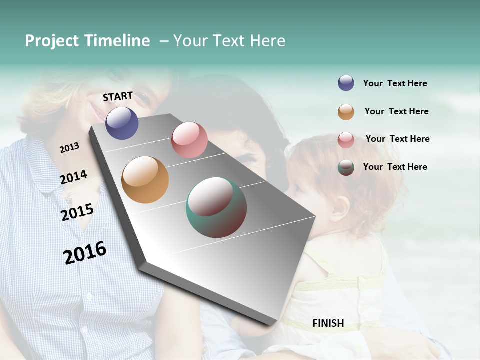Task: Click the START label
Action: (x=118, y=96)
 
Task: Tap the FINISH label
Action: (x=328, y=323)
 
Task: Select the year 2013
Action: (x=69, y=148)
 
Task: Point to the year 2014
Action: (x=73, y=177)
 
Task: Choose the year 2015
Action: (x=77, y=212)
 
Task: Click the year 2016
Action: (x=85, y=253)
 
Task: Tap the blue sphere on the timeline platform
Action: (x=122, y=123)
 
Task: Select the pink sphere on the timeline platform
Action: (x=189, y=140)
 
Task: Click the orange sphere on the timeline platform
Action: (x=145, y=180)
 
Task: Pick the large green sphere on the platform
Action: (x=216, y=207)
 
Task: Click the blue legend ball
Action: (x=346, y=83)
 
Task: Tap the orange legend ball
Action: (x=346, y=112)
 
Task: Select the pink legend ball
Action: (x=346, y=140)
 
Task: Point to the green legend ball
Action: (x=346, y=168)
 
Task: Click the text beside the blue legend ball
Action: (x=395, y=84)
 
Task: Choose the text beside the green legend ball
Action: (x=395, y=167)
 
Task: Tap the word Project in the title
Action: (x=52, y=41)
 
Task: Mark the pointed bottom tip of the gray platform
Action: (x=268, y=325)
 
